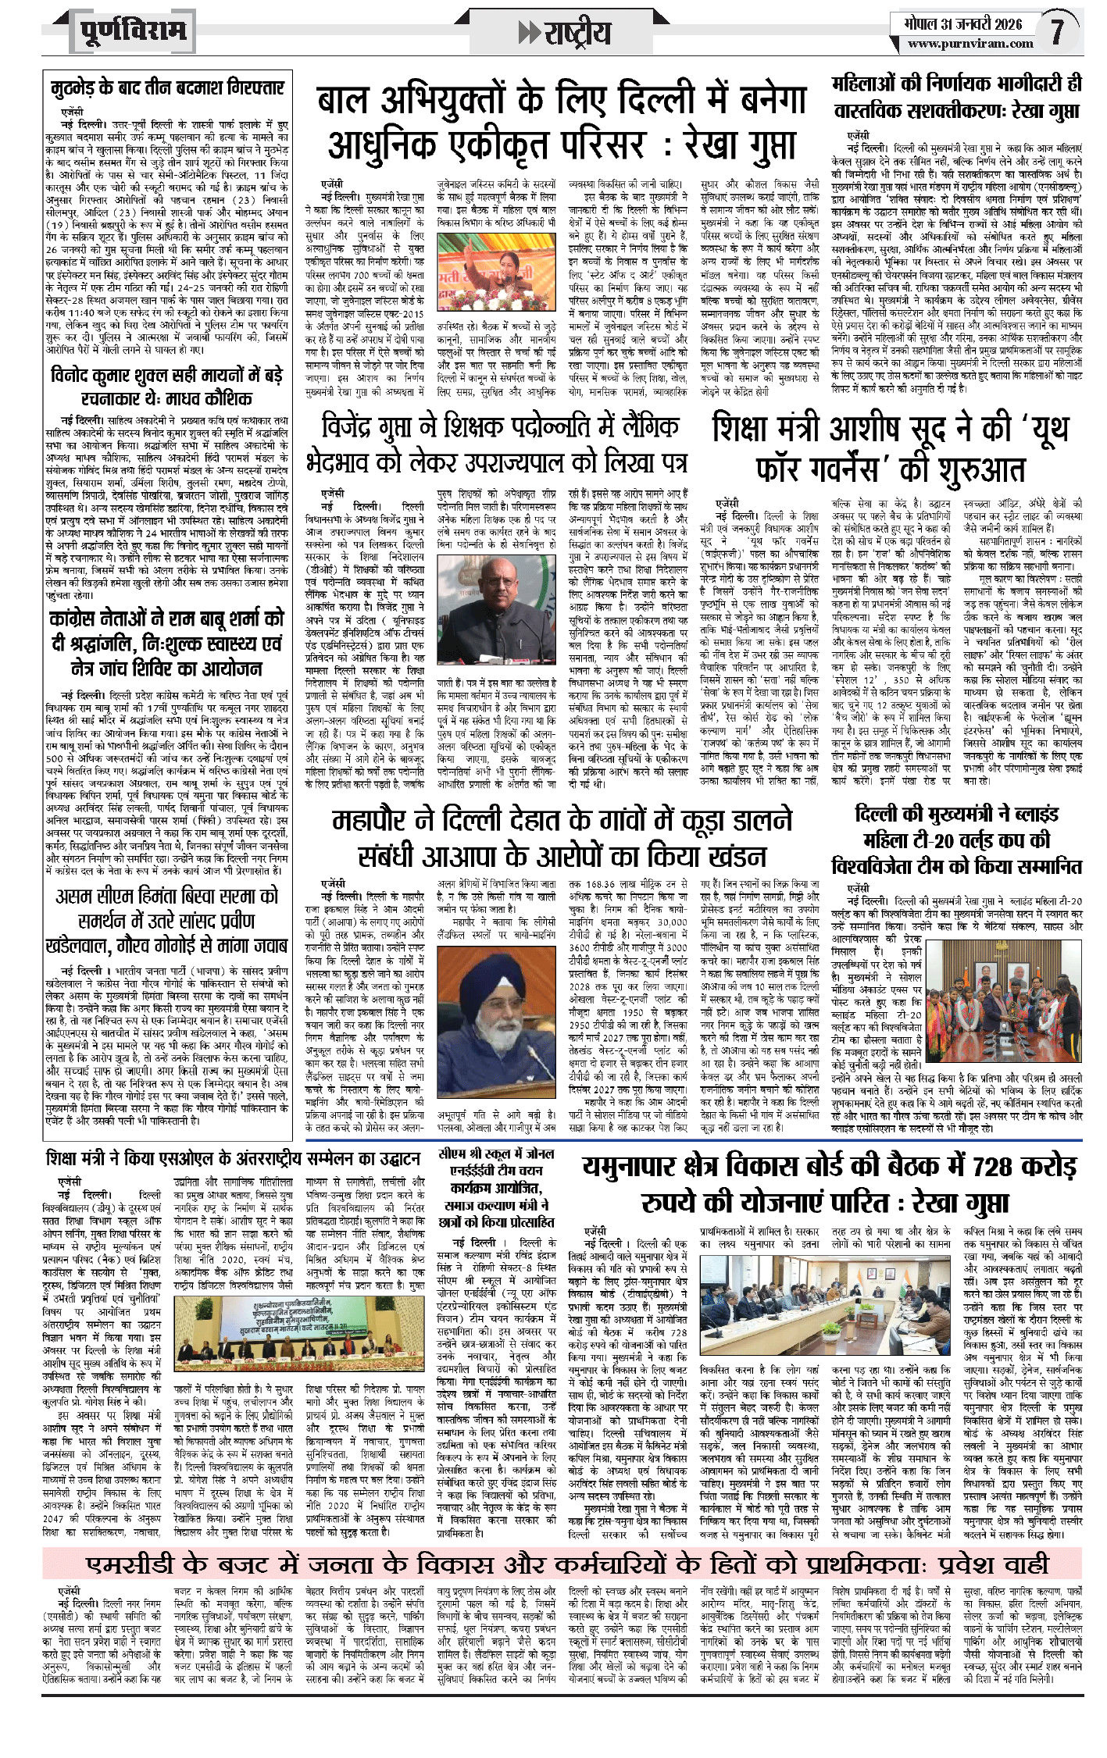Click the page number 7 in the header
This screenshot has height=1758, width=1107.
pyautogui.click(x=1057, y=32)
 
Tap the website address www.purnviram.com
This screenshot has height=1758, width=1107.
pyautogui.click(x=970, y=45)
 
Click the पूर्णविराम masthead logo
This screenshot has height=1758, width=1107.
pyautogui.click(x=133, y=32)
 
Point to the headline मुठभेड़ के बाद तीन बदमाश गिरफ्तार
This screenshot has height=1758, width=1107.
pyautogui.click(x=167, y=87)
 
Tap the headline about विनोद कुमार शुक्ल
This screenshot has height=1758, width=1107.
pyautogui.click(x=167, y=387)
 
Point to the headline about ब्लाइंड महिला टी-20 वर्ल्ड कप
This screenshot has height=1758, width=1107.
pyautogui.click(x=957, y=840)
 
